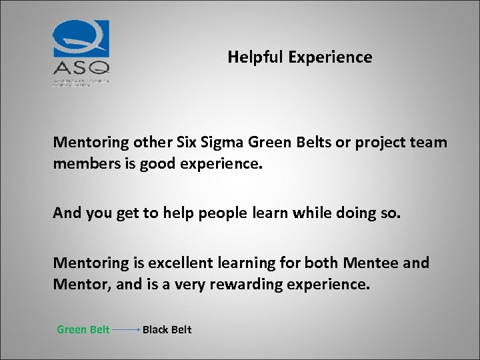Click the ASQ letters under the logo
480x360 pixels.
coord(81,67)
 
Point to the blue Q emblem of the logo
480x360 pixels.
coord(81,38)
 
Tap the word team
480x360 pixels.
coord(431,143)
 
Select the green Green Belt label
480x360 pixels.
coord(83,329)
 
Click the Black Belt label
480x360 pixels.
coord(167,329)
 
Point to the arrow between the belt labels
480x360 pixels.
coord(125,329)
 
